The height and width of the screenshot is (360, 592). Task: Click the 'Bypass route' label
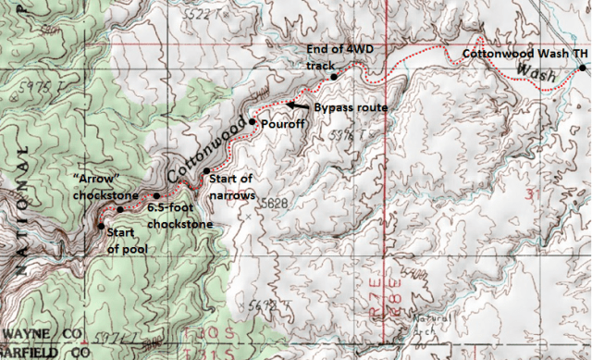[x=350, y=107]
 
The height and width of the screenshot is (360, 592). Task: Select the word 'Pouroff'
[x=280, y=123]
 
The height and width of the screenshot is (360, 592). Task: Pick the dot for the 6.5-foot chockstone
[x=156, y=196]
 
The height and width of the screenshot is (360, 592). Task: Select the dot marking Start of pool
[x=100, y=225]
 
